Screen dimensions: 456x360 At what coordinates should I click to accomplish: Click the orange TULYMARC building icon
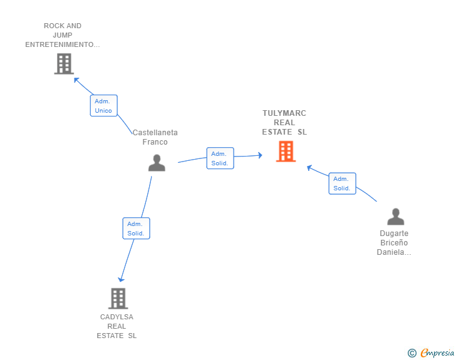[286, 152]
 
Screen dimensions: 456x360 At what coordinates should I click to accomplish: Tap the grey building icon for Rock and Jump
[64, 64]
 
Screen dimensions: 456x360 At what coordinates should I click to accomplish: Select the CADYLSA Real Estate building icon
[118, 299]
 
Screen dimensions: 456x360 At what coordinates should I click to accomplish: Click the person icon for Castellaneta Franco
[157, 163]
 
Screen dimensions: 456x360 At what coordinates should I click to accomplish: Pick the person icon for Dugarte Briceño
[395, 217]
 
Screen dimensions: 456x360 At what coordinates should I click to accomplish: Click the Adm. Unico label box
[103, 106]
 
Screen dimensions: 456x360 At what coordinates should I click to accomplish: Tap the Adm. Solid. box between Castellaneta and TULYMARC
[220, 158]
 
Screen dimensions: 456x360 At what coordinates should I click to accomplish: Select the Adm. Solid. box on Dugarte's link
[342, 183]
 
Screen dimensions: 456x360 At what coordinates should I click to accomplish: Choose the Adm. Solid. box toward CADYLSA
[136, 229]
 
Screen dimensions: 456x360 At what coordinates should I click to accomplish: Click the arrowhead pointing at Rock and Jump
[76, 80]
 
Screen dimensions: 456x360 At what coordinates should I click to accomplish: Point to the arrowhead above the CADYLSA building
[121, 279]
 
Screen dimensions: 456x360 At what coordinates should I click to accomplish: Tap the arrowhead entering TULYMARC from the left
[260, 155]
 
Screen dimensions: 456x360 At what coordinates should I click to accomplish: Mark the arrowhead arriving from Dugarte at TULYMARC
[309, 168]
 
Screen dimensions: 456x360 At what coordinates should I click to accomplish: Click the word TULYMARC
[284, 113]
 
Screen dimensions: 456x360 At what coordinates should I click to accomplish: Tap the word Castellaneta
[155, 133]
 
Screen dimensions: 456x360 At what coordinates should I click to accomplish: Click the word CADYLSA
[117, 317]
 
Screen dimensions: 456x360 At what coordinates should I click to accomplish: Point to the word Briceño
[394, 242]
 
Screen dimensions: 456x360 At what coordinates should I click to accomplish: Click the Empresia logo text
[437, 352]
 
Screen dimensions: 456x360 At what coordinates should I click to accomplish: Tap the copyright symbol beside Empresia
[412, 353]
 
